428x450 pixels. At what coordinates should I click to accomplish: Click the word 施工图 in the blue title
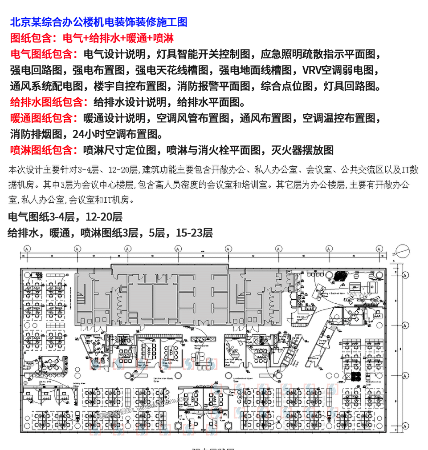[x=172, y=22]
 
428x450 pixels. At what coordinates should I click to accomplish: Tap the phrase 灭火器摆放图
[x=302, y=150]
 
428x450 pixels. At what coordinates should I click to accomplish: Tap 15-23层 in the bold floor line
[x=194, y=233]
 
